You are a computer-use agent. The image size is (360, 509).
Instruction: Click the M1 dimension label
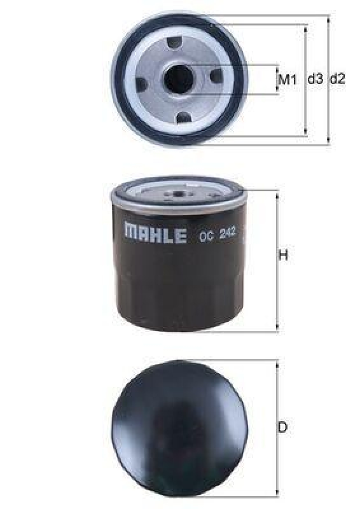click(x=289, y=80)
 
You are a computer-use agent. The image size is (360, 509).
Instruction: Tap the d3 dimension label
click(x=315, y=80)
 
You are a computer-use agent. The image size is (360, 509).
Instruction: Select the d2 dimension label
click(x=337, y=80)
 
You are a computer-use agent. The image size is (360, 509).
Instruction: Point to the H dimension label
click(x=284, y=256)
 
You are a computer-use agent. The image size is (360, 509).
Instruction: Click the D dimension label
click(x=283, y=428)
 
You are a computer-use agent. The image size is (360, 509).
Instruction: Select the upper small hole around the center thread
click(x=176, y=43)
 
